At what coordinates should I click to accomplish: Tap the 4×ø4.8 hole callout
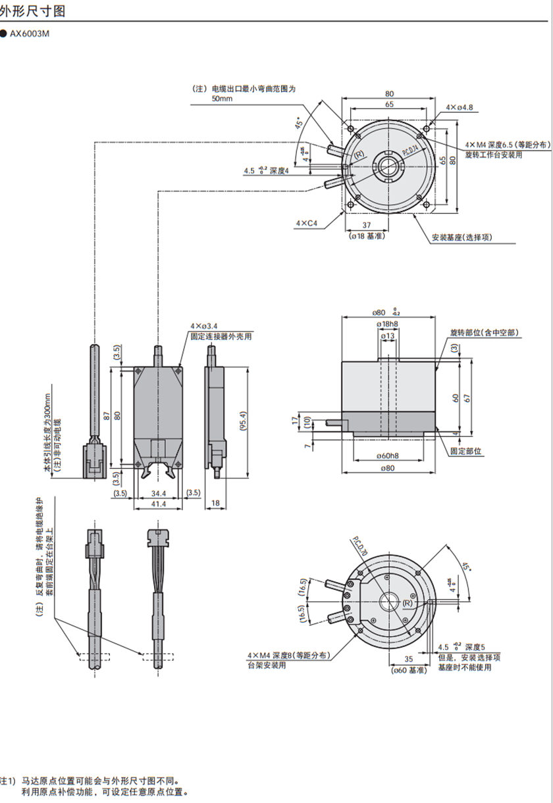point(460,107)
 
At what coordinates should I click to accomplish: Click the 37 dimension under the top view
point(366,225)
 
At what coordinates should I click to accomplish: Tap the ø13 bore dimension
point(388,336)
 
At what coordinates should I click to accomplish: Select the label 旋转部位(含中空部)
point(485,333)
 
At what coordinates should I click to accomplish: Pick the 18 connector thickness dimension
point(215,503)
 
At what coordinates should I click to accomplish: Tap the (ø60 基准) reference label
point(409,670)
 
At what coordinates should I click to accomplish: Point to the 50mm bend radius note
point(223,99)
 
